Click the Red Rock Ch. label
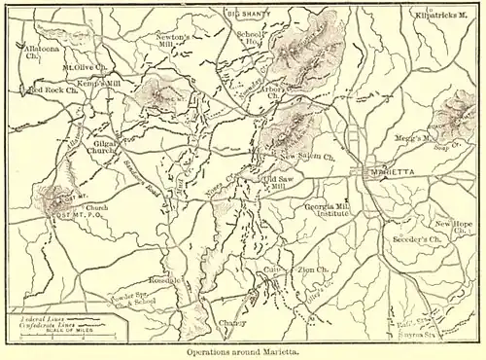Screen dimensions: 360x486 tap(52, 90)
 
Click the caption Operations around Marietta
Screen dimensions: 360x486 tap(242, 352)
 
